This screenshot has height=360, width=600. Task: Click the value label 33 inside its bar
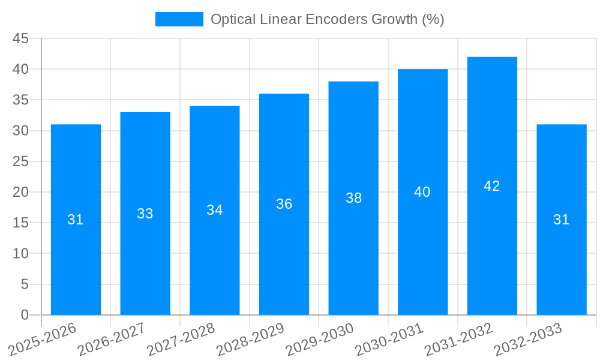pyautogui.click(x=145, y=214)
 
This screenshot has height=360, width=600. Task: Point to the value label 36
pyautogui.click(x=284, y=204)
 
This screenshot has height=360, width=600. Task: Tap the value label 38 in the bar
pyautogui.click(x=353, y=198)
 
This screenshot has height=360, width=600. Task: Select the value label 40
pyautogui.click(x=422, y=192)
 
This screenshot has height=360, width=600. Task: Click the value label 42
pyautogui.click(x=492, y=186)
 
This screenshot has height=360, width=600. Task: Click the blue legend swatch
pyautogui.click(x=179, y=19)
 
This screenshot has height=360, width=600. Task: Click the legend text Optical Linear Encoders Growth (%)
pyautogui.click(x=327, y=19)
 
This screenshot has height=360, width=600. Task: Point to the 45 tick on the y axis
pyautogui.click(x=20, y=38)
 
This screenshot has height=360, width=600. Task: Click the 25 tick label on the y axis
pyautogui.click(x=20, y=161)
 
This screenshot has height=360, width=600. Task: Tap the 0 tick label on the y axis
pyautogui.click(x=25, y=315)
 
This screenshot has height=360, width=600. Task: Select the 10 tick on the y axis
pyautogui.click(x=20, y=254)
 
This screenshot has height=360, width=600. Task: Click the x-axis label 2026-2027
pyautogui.click(x=112, y=339)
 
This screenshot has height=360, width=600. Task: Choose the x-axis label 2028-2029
pyautogui.click(x=250, y=339)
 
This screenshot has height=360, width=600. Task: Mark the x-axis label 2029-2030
pyautogui.click(x=320, y=339)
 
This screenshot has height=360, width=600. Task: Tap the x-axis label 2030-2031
pyautogui.click(x=389, y=339)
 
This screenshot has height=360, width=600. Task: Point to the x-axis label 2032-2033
pyautogui.click(x=528, y=339)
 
